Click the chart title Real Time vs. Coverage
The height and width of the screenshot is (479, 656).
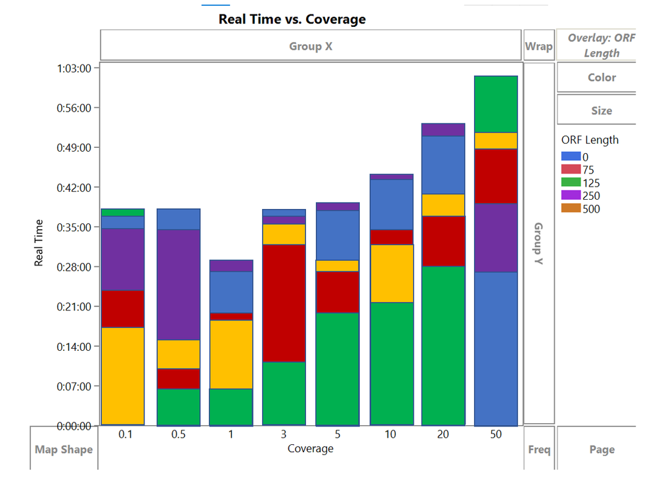click(292, 19)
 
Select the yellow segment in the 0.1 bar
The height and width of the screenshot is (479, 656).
click(123, 375)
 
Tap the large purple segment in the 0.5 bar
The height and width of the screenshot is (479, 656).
click(178, 284)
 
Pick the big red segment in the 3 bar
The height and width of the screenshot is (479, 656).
click(284, 303)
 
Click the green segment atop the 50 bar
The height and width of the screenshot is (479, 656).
click(496, 104)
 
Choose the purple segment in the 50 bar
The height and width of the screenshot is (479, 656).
click(496, 237)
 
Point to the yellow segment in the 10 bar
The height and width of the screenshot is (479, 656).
click(391, 273)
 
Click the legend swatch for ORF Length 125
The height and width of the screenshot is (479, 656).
click(571, 183)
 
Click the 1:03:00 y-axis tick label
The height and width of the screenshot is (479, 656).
click(78, 68)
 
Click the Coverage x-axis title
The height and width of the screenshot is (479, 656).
click(310, 449)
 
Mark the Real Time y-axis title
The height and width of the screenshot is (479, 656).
click(39, 242)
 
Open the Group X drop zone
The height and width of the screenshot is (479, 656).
click(311, 46)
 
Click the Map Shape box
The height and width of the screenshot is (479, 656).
click(64, 449)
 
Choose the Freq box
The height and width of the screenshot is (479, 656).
click(539, 449)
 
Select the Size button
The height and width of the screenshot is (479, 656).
click(601, 110)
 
